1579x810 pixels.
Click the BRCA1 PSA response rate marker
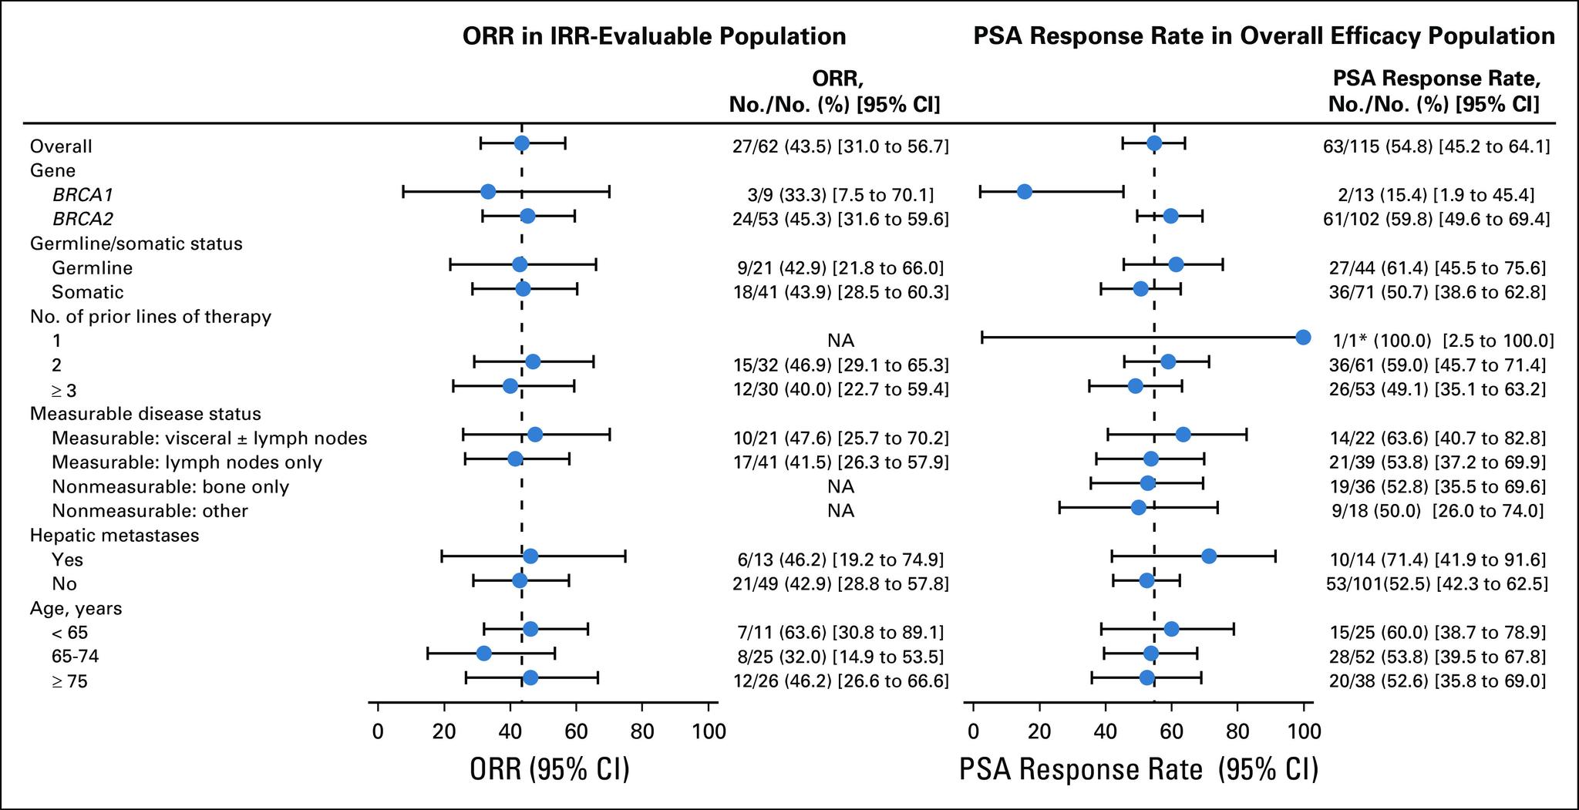point(1024,192)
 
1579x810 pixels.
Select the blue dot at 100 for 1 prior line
point(1303,337)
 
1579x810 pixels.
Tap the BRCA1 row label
point(82,195)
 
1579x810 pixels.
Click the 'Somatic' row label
point(87,292)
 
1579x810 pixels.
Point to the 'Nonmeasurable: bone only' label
point(170,487)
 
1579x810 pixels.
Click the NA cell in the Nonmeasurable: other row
point(840,511)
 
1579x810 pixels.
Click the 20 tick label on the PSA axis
point(1039,731)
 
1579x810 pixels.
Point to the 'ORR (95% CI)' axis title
point(550,770)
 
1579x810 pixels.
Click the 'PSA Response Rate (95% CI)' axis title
point(1139,770)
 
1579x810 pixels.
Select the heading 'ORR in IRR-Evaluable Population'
point(654,36)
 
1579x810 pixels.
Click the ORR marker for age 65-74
point(483,654)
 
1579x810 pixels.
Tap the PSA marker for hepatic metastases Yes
point(1209,556)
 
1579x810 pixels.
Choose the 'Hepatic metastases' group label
point(114,535)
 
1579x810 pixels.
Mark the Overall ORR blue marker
point(521,143)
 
